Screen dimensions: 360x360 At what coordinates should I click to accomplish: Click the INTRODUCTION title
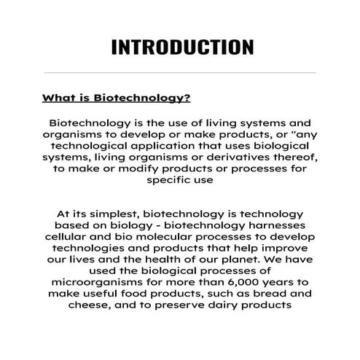182,47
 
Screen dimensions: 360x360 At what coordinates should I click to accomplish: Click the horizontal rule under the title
180,73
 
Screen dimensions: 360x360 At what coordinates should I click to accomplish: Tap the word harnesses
283,227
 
